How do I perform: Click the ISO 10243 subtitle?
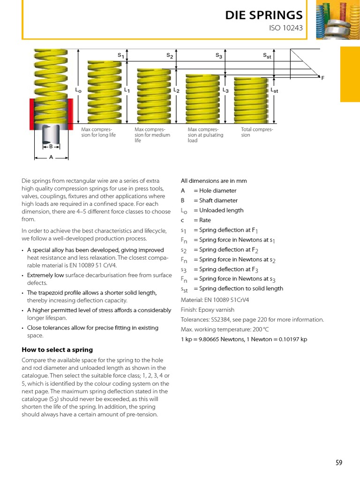(285, 28)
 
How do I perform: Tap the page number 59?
(338, 463)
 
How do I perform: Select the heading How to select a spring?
(57, 350)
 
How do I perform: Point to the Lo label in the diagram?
(78, 89)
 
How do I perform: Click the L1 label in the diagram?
(127, 90)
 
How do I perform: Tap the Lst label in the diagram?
(274, 90)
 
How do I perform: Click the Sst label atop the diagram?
(267, 56)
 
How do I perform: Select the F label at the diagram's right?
(322, 78)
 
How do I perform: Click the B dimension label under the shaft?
(51, 146)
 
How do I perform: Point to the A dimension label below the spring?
(51, 158)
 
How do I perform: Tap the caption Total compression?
(257, 132)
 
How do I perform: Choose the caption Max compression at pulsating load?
(205, 135)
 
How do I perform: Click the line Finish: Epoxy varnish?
(208, 310)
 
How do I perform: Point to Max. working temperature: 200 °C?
(225, 330)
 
